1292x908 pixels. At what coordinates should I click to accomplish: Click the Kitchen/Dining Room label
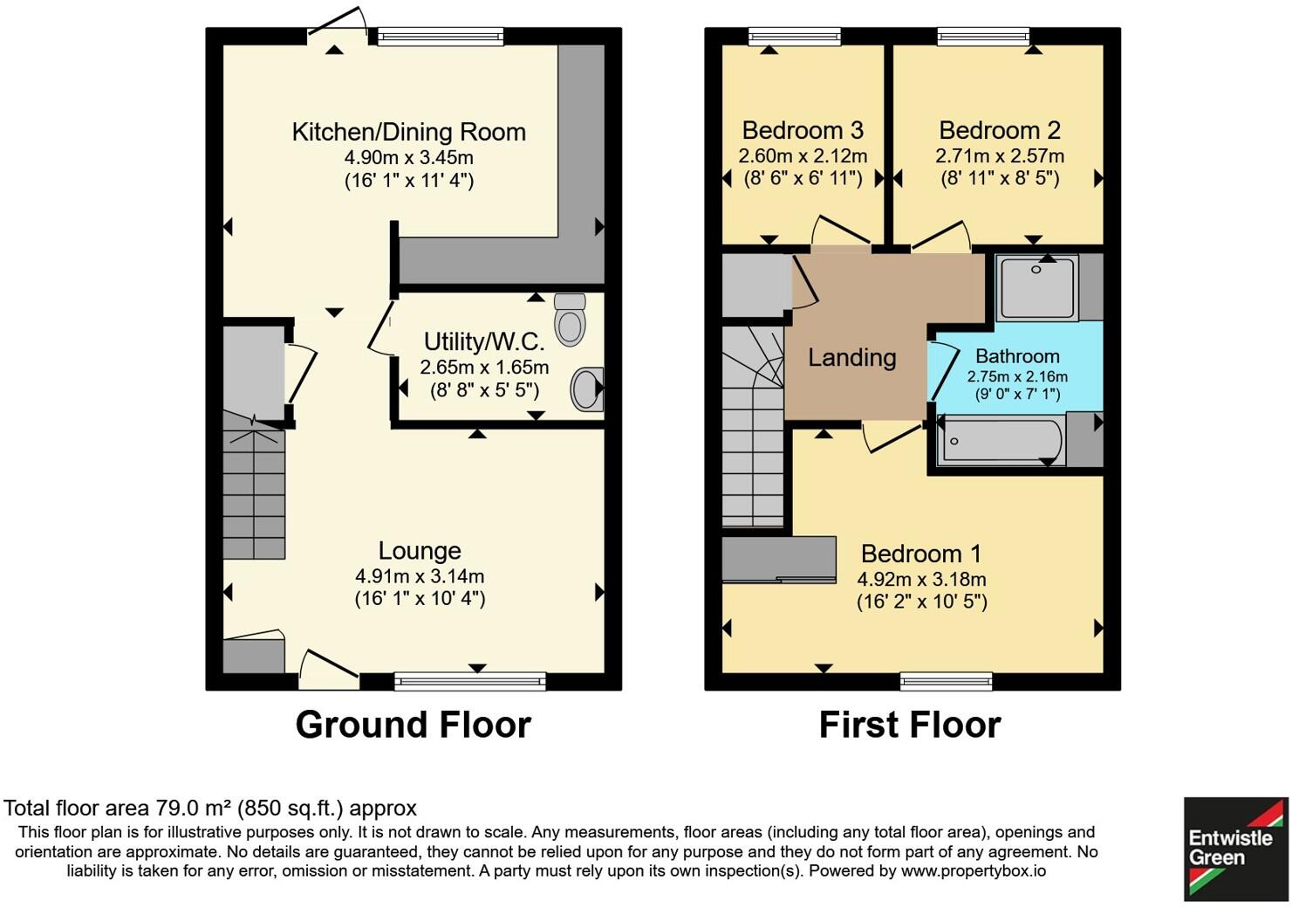click(x=408, y=132)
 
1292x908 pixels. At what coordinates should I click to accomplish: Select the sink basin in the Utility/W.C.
click(x=587, y=389)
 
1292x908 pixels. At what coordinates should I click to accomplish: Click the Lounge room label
click(x=420, y=551)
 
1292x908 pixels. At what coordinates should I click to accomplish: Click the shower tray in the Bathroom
click(x=1037, y=286)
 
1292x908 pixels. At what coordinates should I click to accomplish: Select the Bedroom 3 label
click(x=802, y=130)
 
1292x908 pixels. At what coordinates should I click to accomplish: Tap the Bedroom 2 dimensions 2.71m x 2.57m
click(x=1000, y=156)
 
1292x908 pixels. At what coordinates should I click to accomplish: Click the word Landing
click(x=851, y=357)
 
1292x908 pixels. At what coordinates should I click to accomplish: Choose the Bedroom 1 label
click(x=920, y=554)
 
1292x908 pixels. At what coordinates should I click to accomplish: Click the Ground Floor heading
click(x=413, y=725)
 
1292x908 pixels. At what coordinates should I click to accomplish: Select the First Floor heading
click(x=909, y=725)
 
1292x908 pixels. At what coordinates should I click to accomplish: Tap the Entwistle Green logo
click(x=1234, y=848)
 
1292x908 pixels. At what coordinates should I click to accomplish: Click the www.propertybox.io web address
click(x=973, y=870)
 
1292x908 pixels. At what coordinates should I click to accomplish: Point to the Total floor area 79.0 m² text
click(x=209, y=808)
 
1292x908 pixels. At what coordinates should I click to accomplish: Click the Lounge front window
click(x=470, y=681)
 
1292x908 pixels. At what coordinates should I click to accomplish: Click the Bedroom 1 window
click(x=946, y=681)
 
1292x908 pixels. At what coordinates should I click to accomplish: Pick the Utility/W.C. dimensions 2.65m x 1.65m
click(x=484, y=368)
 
